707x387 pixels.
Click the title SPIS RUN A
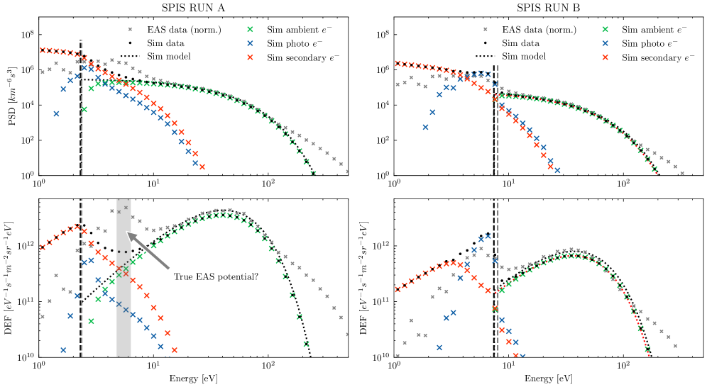(194, 8)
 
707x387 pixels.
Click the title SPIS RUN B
(549, 8)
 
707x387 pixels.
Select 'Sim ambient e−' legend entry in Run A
(297, 30)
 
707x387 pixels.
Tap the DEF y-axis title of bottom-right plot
(366, 281)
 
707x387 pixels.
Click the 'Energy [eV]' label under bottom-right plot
(549, 379)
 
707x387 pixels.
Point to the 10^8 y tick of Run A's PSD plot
(28, 35)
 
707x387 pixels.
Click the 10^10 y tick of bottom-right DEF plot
(381, 357)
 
